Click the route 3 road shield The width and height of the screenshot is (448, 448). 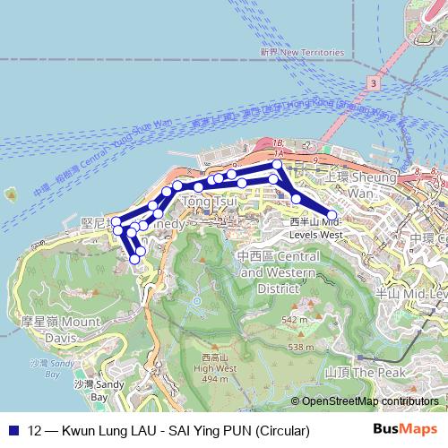pos(371,82)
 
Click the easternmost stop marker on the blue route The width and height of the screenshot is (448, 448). pos(332,215)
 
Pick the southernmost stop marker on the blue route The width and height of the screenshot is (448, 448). pos(135,259)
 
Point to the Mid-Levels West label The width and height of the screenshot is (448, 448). pos(317,228)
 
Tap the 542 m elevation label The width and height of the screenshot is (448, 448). pos(295,319)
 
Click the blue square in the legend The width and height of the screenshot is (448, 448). pos(13,431)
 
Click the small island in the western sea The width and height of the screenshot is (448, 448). pos(11,193)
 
